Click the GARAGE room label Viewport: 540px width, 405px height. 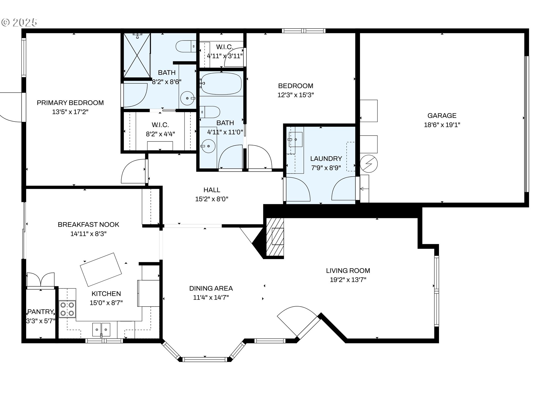coord(442,116)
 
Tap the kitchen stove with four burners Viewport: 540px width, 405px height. coord(67,309)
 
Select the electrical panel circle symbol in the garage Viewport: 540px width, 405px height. coord(369,164)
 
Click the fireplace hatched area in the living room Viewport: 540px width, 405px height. coord(275,237)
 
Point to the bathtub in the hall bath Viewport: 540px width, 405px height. coord(221,83)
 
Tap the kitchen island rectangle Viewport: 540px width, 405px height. coord(101,269)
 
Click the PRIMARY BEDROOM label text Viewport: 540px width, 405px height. coord(70,103)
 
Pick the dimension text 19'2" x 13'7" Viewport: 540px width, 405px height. coord(348,280)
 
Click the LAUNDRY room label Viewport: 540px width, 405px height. coord(326,159)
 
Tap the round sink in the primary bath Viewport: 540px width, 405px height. coord(187,98)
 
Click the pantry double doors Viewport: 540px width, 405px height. coord(40,280)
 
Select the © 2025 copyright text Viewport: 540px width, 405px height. coord(19,22)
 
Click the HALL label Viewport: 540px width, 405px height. coord(212,190)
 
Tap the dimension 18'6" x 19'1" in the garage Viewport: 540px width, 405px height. coord(442,125)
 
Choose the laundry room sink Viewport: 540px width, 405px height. coord(295,139)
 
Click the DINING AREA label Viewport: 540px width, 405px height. coord(211,289)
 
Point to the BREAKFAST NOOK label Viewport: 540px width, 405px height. coord(88,225)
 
